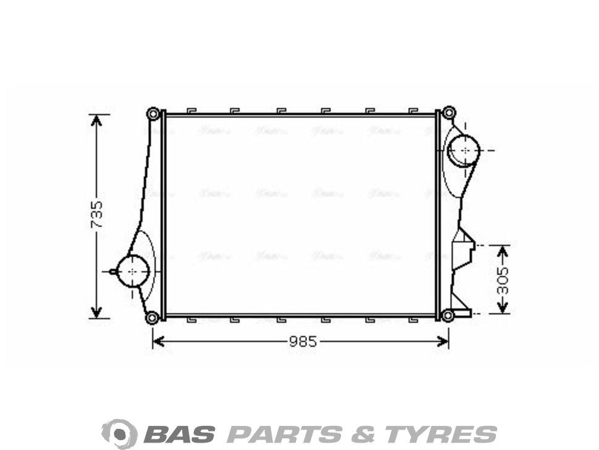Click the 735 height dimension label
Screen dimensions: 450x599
tap(97, 214)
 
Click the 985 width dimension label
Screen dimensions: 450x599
tap(303, 341)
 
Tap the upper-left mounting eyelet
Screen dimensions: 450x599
tap(153, 114)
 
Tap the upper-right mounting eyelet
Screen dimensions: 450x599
tap(449, 113)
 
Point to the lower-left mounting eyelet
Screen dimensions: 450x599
tap(152, 318)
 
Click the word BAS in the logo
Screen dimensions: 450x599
tap(179, 433)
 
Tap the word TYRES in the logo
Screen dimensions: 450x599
tap(442, 433)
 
